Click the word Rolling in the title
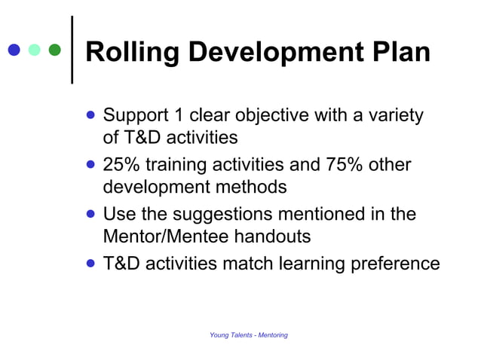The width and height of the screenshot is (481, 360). [x=131, y=53]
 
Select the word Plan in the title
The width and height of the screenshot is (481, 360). [x=400, y=53]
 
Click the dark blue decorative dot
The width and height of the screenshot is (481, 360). [x=13, y=50]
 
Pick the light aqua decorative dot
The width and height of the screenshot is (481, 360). [x=34, y=50]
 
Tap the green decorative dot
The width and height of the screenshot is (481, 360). [x=54, y=50]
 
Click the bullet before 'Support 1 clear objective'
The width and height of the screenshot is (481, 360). [x=91, y=116]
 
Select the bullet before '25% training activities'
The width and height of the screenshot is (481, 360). [x=91, y=164]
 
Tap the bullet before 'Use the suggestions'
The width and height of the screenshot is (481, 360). [x=91, y=214]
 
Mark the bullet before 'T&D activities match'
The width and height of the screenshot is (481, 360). [x=91, y=264]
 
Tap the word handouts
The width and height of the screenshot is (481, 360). [x=275, y=236]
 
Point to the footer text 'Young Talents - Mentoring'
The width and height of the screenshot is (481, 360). [x=249, y=334]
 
